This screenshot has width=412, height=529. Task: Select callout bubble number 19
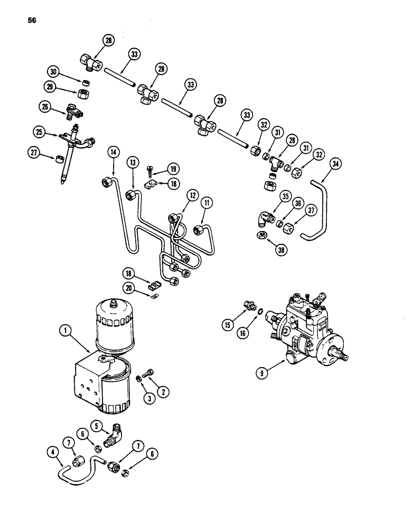(173, 169)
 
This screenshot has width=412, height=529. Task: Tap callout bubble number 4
(52, 452)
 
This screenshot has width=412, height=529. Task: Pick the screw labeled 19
(150, 170)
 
